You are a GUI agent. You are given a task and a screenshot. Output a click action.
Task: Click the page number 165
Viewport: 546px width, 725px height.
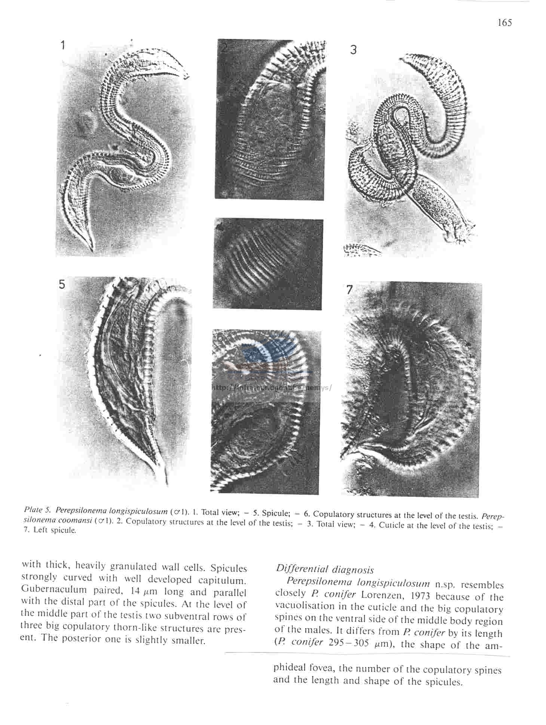[504, 23]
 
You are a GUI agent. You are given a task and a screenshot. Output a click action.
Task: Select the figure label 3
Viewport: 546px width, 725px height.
[353, 50]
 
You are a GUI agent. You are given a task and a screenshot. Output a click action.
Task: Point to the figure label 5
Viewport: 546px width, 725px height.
[62, 285]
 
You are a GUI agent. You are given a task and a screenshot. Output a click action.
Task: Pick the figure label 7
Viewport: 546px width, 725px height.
[349, 289]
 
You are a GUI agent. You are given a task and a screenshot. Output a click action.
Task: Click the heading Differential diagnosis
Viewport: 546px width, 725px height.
[325, 569]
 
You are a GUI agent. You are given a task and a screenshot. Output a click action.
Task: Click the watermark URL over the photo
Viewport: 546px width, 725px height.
[271, 388]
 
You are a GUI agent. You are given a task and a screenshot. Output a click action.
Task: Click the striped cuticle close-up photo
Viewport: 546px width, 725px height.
[267, 264]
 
